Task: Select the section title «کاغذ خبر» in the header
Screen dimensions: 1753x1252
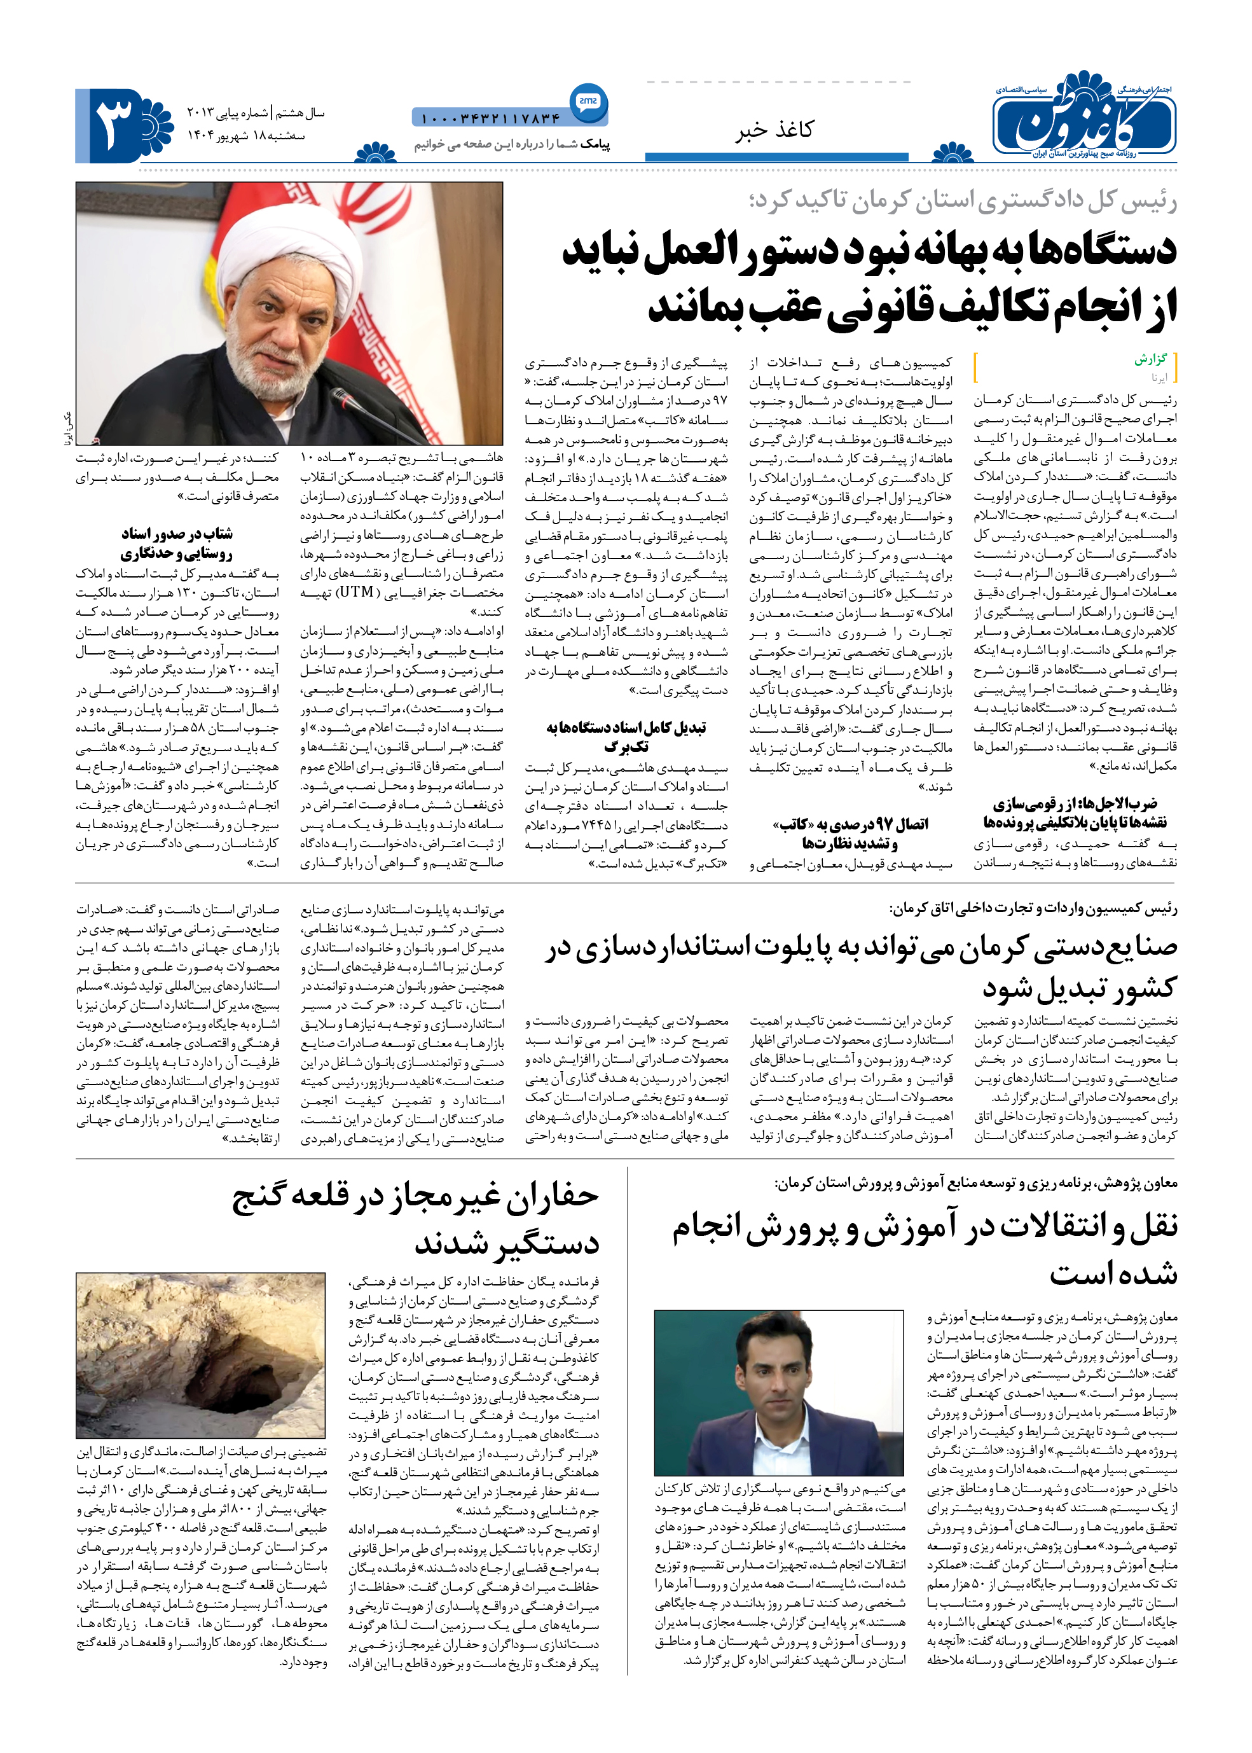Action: pos(773,130)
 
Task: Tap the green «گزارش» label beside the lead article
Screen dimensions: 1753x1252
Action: pos(1150,359)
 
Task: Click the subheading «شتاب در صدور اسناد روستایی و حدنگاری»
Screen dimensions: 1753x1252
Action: pos(177,543)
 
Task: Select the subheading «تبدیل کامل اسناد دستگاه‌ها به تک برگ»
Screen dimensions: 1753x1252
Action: pos(626,737)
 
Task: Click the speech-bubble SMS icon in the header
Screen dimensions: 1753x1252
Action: pos(588,101)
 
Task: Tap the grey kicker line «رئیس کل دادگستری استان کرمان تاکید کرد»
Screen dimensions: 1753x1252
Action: pos(962,200)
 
